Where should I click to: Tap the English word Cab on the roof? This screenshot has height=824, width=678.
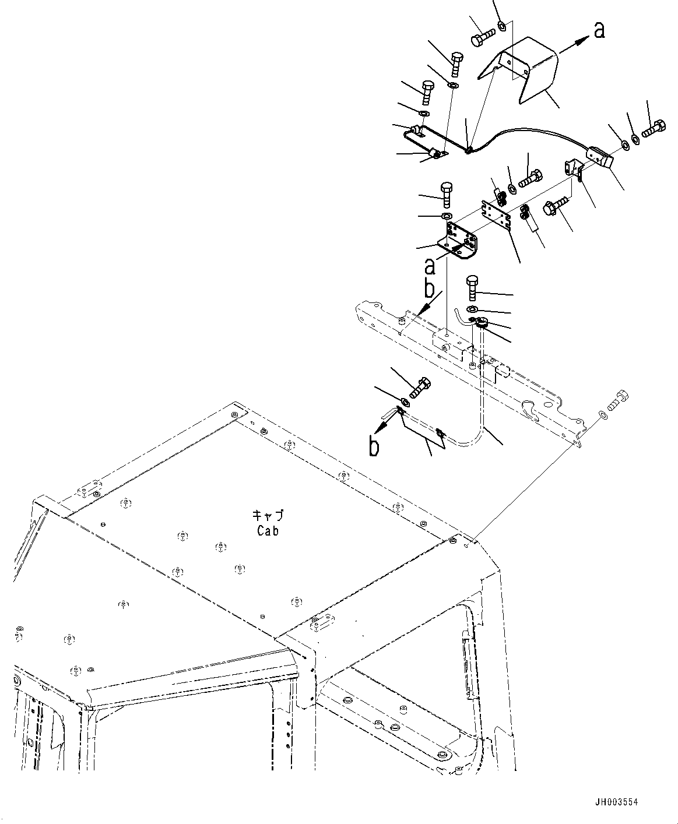268,531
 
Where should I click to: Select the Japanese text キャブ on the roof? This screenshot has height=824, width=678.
268,516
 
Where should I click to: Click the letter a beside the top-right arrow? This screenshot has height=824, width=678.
599,30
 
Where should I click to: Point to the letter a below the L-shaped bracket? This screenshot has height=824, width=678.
430,266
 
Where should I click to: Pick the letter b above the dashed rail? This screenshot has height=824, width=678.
428,288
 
